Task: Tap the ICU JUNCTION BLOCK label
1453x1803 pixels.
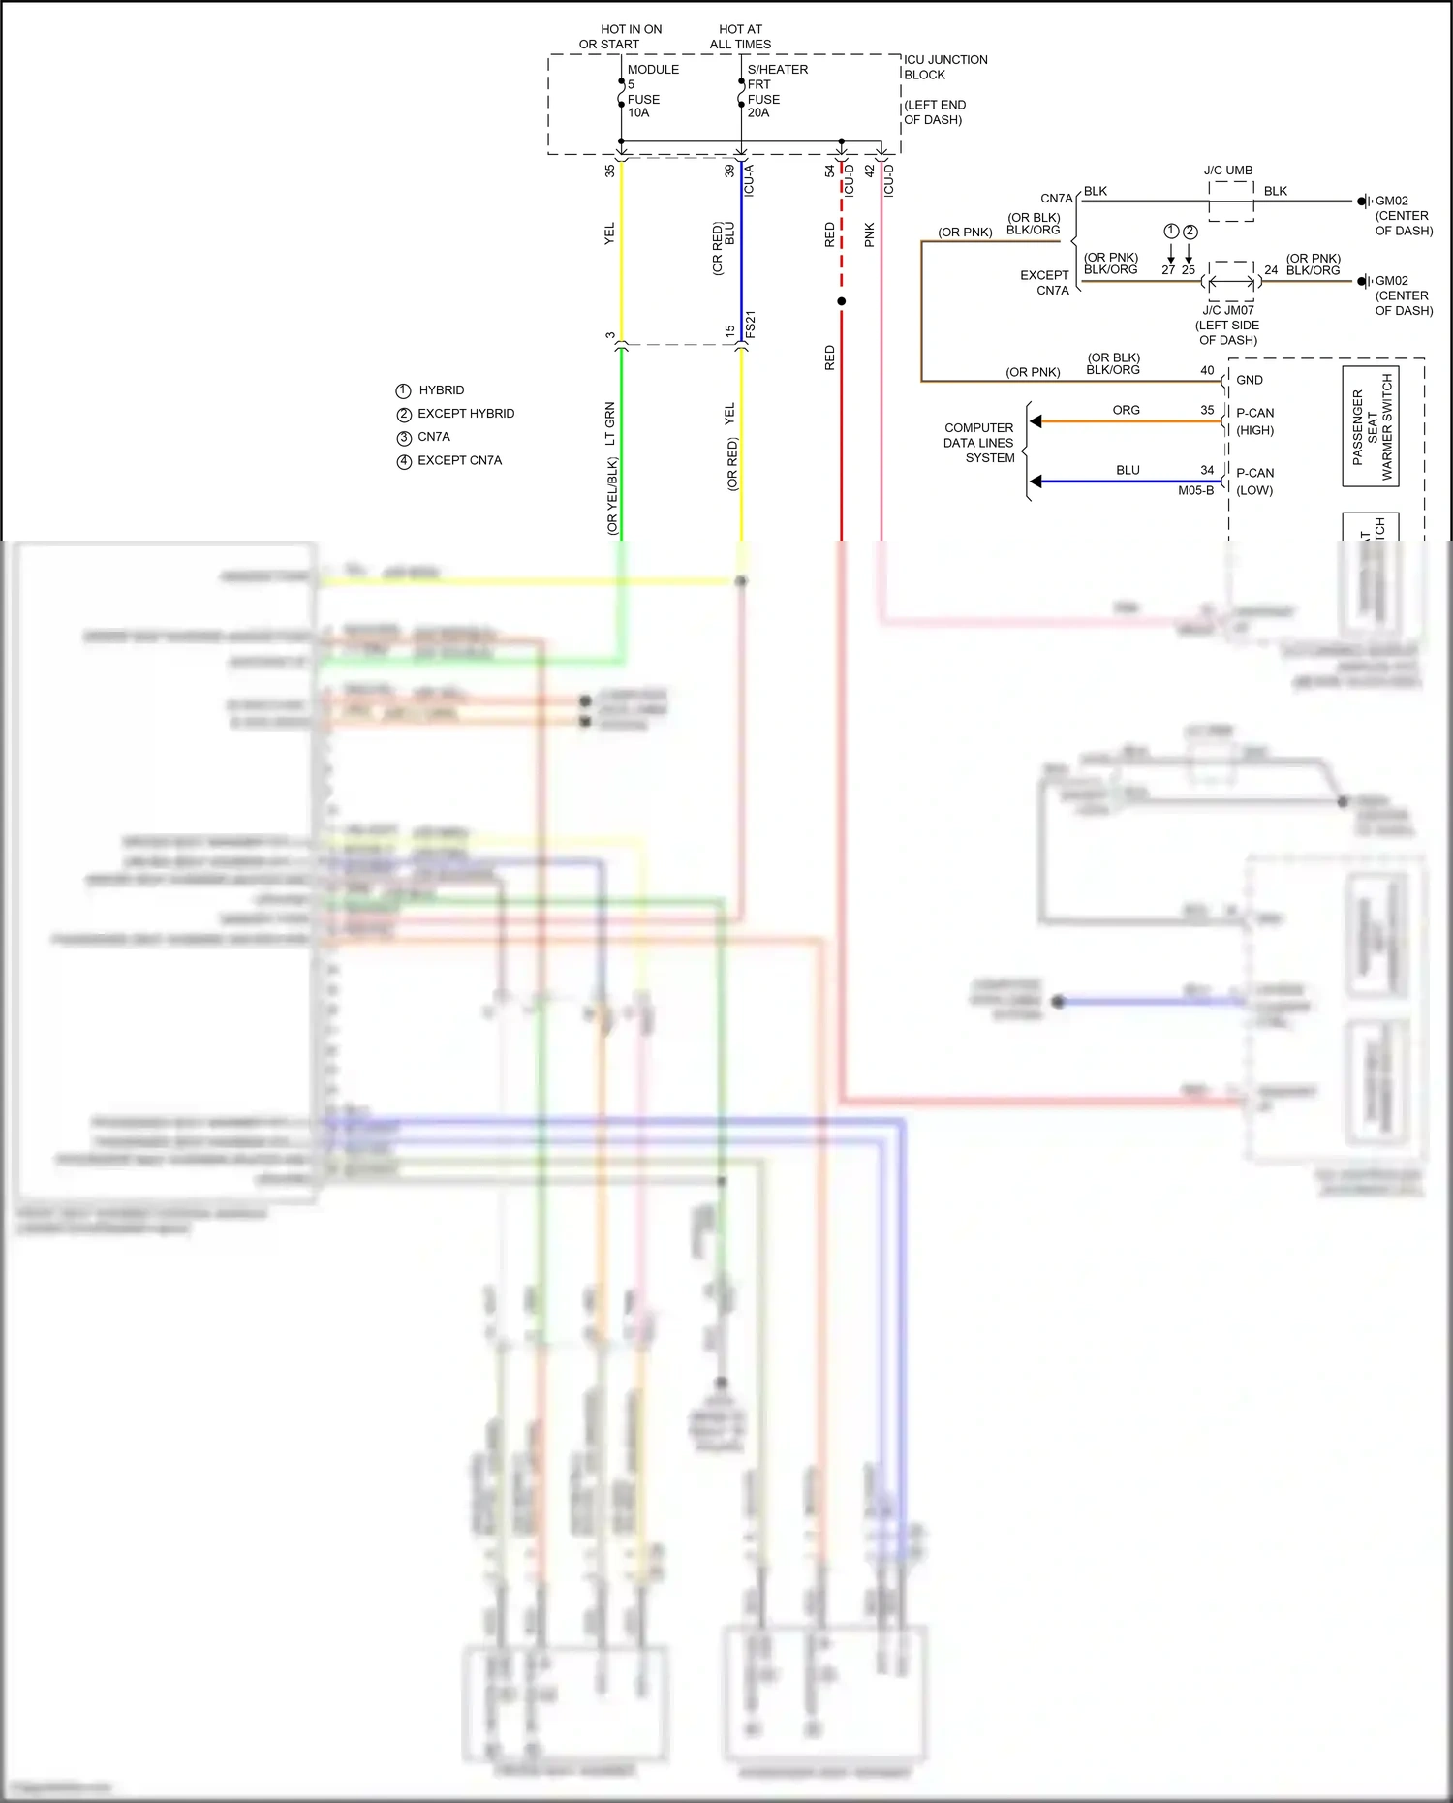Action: coord(944,67)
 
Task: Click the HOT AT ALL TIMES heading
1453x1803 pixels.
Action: coord(740,37)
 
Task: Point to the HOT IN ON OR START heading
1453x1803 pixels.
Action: coord(620,37)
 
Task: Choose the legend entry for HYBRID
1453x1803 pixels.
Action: coord(441,390)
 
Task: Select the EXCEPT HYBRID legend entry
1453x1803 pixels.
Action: coord(465,414)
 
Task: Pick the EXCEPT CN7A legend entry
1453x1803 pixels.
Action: coord(459,461)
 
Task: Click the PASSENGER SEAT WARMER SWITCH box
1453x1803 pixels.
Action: coord(1371,427)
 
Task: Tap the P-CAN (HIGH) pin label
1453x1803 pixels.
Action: coord(1255,421)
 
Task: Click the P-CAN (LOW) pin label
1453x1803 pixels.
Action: coord(1255,482)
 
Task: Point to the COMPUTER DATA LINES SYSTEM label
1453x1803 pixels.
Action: coord(979,443)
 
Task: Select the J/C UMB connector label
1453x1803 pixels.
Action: coord(1228,171)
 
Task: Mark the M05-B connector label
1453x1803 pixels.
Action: coord(1195,490)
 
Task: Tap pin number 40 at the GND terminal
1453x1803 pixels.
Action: coord(1207,370)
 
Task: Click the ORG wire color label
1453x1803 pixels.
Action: coord(1126,411)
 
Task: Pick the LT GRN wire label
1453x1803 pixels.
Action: coord(610,423)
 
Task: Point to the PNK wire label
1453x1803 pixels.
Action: coord(870,234)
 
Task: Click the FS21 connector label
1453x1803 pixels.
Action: coord(750,325)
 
